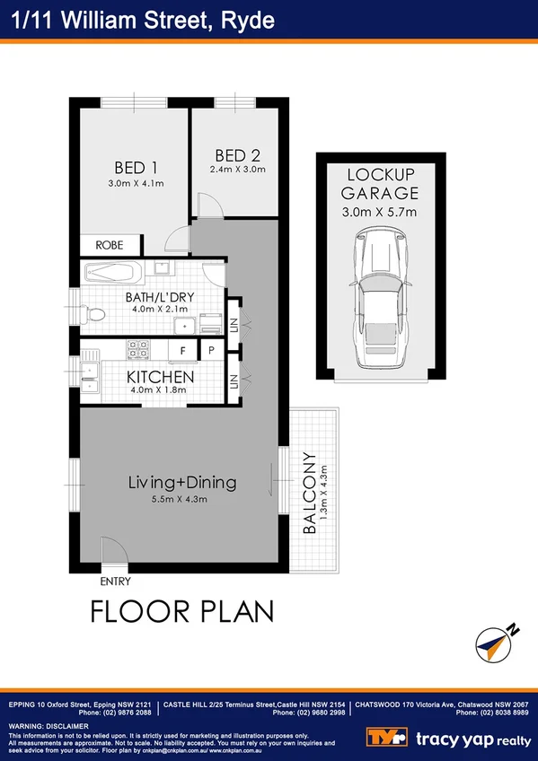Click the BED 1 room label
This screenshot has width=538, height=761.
click(137, 167)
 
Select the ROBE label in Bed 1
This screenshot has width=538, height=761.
click(110, 244)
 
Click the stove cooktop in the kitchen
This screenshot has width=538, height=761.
click(139, 347)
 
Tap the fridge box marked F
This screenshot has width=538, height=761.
click(183, 350)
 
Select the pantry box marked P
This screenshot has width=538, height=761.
click(211, 350)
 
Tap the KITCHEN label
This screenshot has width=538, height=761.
click(160, 376)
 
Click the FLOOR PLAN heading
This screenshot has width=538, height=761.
click(181, 612)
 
